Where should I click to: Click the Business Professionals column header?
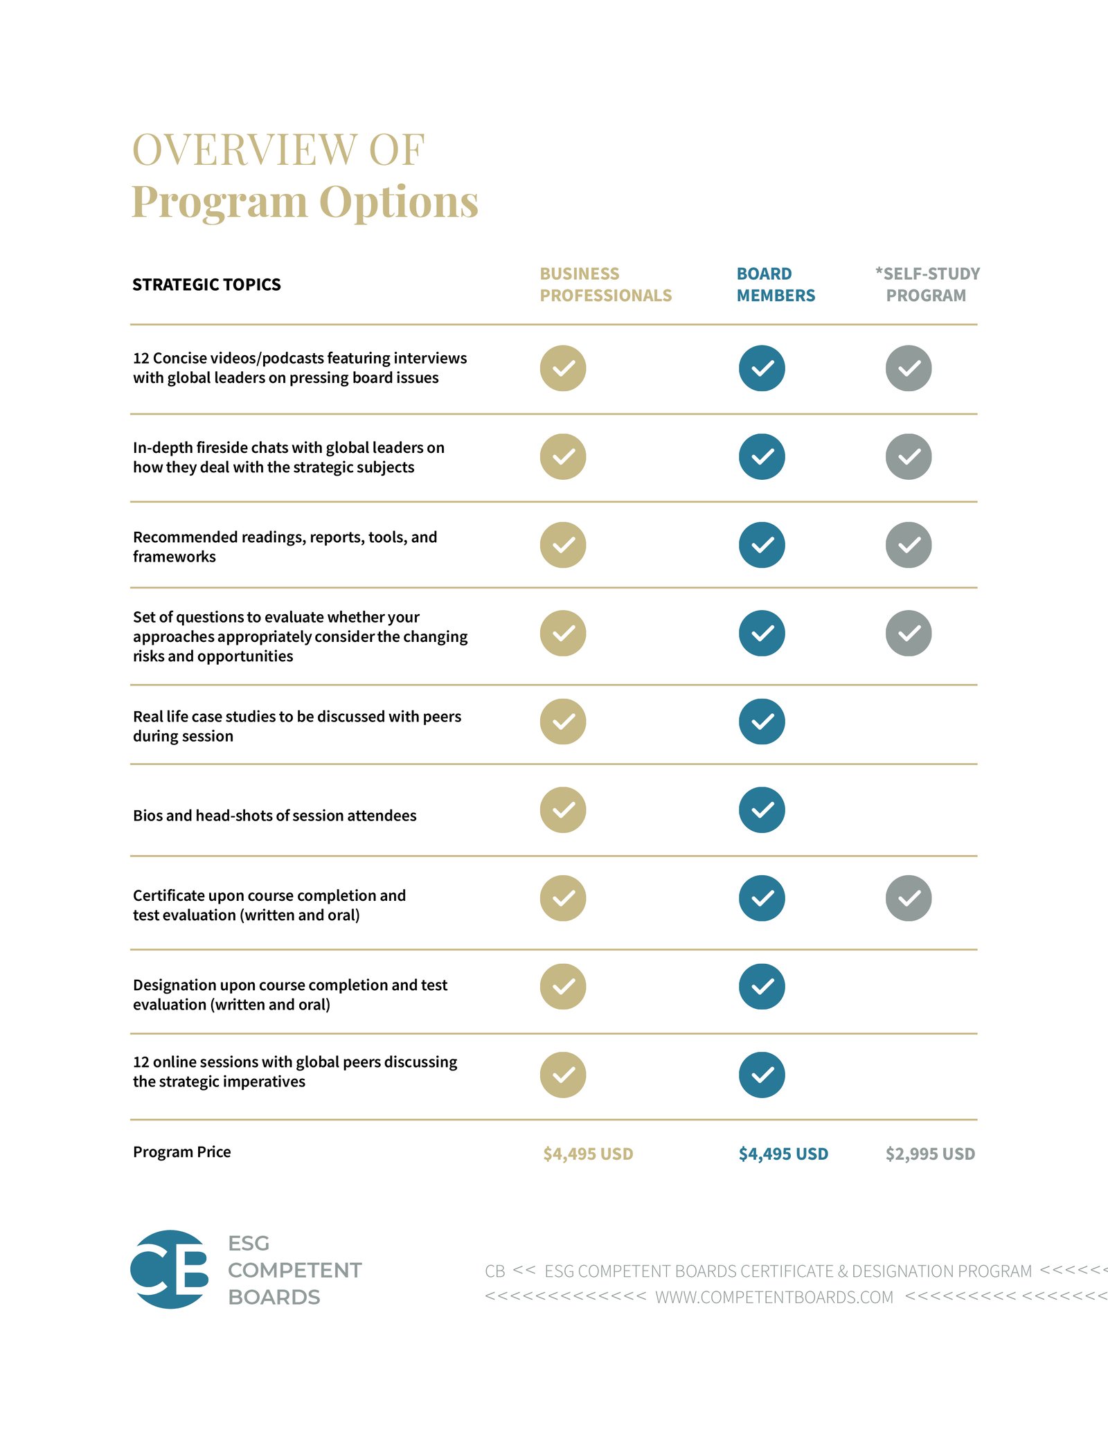click(x=605, y=285)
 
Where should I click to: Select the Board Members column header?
click(x=776, y=285)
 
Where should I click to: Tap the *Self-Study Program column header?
click(x=927, y=285)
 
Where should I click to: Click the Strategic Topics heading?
click(x=206, y=285)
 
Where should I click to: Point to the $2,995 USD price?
click(x=930, y=1154)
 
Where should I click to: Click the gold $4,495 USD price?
click(x=588, y=1154)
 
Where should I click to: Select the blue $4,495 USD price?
click(x=783, y=1154)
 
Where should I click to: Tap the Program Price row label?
click(x=181, y=1152)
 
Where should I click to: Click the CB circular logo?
click(x=170, y=1269)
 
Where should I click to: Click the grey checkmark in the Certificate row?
click(x=909, y=898)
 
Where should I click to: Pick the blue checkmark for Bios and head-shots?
click(x=762, y=810)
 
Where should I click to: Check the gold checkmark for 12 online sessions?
click(x=563, y=1075)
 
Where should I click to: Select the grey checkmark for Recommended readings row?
click(x=909, y=545)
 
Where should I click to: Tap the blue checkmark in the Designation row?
click(x=762, y=987)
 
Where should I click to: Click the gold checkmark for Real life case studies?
click(x=563, y=722)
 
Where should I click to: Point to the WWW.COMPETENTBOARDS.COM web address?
click(x=774, y=1298)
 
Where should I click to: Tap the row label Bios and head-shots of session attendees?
click(x=274, y=816)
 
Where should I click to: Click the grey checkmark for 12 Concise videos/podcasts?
click(x=909, y=368)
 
